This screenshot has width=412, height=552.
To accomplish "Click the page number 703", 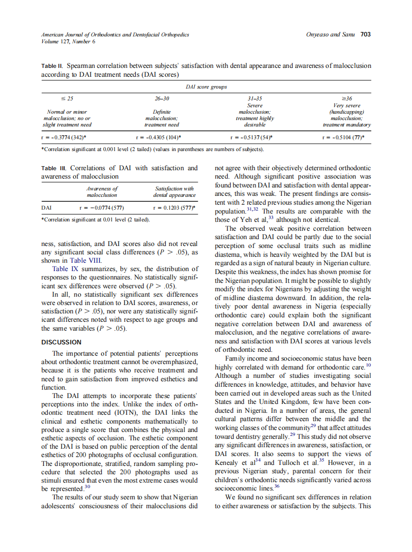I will (x=365, y=34).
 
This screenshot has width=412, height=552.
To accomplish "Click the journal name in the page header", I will (x=115, y=34).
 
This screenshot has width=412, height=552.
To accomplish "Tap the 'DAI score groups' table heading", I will (x=206, y=87).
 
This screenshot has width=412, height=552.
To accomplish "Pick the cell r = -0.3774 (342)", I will (x=64, y=137).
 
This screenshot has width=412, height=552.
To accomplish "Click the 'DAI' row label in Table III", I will (x=47, y=208).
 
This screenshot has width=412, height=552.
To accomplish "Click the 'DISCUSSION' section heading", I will (x=61, y=342).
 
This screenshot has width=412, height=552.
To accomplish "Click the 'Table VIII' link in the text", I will (x=84, y=260).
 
